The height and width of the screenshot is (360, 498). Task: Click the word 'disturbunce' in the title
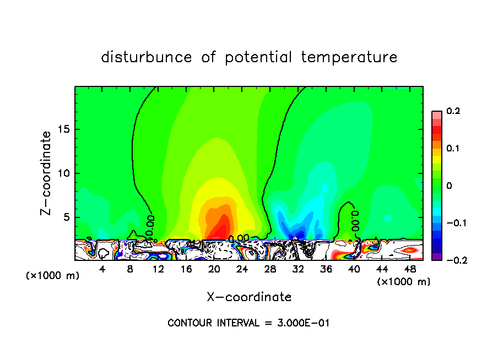pyautogui.click(x=147, y=57)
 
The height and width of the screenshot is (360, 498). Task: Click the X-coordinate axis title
pyautogui.click(x=249, y=297)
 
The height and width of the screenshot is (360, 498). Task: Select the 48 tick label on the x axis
pyautogui.click(x=410, y=269)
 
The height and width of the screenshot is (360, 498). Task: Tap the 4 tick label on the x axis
pyautogui.click(x=102, y=269)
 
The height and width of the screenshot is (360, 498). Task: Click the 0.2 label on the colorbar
pyautogui.click(x=453, y=111)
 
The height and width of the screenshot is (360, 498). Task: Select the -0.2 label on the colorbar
pyautogui.click(x=451, y=260)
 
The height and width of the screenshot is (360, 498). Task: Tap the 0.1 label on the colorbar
pyautogui.click(x=453, y=149)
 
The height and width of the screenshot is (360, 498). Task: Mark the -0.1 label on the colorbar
pyautogui.click(x=451, y=223)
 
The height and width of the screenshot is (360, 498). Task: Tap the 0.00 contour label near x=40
pyautogui.click(x=355, y=217)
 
